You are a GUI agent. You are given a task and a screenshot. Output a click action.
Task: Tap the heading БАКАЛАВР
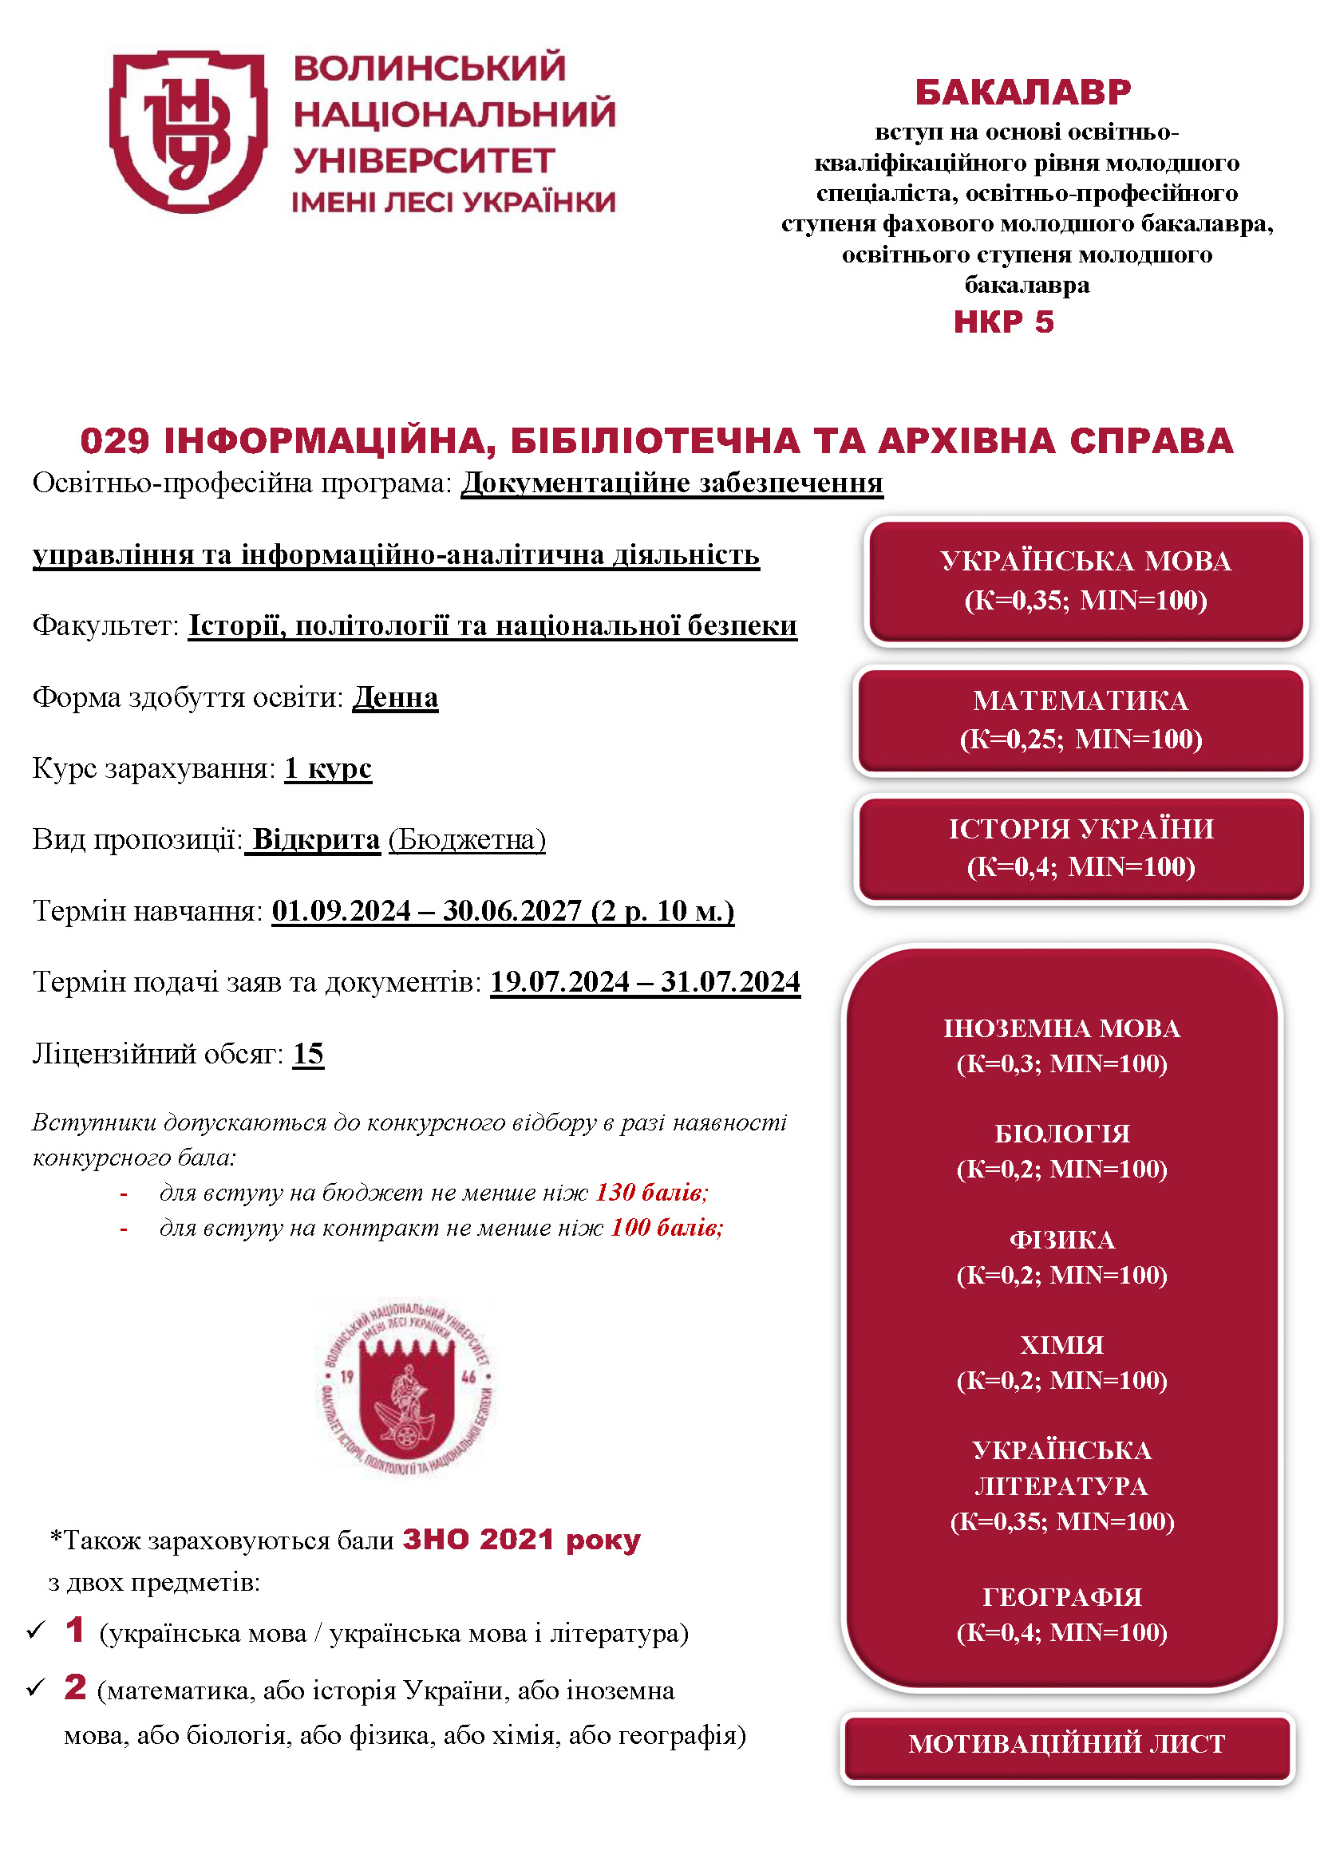1022,93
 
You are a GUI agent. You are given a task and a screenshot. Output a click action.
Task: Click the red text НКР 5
1003,322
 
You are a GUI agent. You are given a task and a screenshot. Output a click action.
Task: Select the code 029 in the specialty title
115,440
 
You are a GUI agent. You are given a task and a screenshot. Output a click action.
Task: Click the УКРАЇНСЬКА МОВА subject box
1085,581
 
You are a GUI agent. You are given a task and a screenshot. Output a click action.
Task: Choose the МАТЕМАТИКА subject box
1081,720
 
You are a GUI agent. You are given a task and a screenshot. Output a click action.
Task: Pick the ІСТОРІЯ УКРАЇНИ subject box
1081,848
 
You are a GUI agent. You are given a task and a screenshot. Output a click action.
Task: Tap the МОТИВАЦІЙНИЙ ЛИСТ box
1066,1743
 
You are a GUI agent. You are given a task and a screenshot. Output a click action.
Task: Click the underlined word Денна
395,697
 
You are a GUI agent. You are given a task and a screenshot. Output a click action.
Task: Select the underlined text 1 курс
327,768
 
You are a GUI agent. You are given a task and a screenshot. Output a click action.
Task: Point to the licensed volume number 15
308,1053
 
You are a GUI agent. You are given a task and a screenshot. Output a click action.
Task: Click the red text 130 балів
651,1192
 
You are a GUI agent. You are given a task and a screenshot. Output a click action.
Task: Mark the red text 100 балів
666,1227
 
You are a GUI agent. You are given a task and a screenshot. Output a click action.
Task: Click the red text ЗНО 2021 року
521,1539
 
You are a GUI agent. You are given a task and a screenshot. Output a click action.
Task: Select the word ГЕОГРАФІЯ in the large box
1061,1597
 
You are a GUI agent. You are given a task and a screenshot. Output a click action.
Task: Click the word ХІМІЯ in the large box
1061,1345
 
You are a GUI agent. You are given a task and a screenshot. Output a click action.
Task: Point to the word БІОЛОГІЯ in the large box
1061,1134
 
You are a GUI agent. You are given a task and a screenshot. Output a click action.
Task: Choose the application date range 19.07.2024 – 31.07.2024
645,982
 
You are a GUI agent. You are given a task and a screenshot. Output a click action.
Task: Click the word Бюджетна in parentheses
467,839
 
